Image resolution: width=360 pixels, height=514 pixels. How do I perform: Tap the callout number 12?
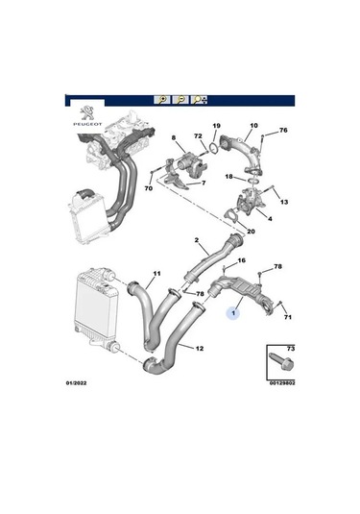click(199, 348)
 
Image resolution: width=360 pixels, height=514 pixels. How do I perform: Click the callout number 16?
click(241, 260)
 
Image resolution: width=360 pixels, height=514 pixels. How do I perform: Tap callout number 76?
click(283, 131)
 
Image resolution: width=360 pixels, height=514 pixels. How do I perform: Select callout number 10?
click(253, 125)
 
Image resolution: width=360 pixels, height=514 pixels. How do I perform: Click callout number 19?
click(216, 126)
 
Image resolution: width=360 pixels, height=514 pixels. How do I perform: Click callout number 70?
click(148, 190)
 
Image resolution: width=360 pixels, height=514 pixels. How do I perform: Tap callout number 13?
click(284, 203)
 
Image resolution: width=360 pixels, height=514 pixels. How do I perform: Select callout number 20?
click(251, 232)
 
